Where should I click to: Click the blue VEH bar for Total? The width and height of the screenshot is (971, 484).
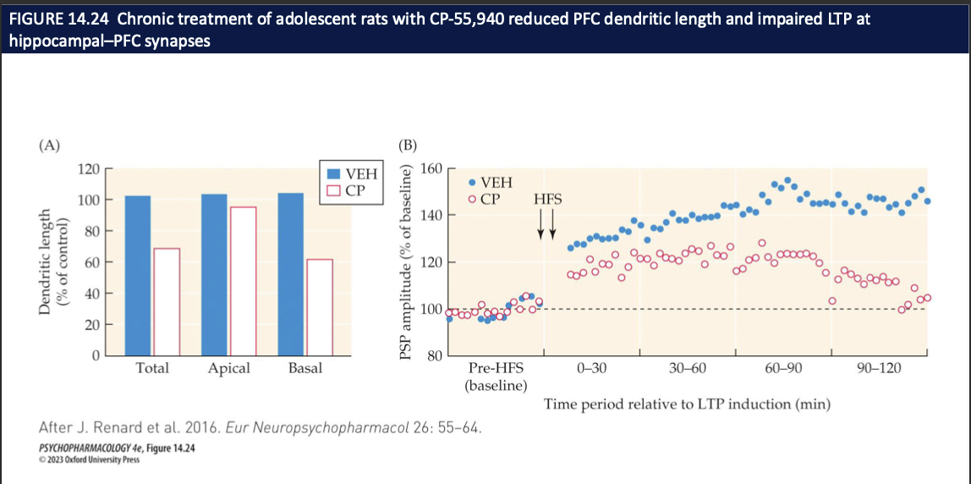click(x=138, y=275)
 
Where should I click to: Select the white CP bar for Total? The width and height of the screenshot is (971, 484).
click(x=167, y=301)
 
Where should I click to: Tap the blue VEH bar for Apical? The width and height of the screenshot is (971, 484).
click(x=215, y=274)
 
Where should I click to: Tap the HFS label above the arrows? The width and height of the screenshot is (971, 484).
click(x=547, y=200)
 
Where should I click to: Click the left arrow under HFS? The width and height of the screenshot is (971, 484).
click(x=540, y=224)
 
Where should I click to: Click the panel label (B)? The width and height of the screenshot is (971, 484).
click(x=408, y=145)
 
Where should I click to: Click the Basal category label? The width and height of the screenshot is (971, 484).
click(x=304, y=368)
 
